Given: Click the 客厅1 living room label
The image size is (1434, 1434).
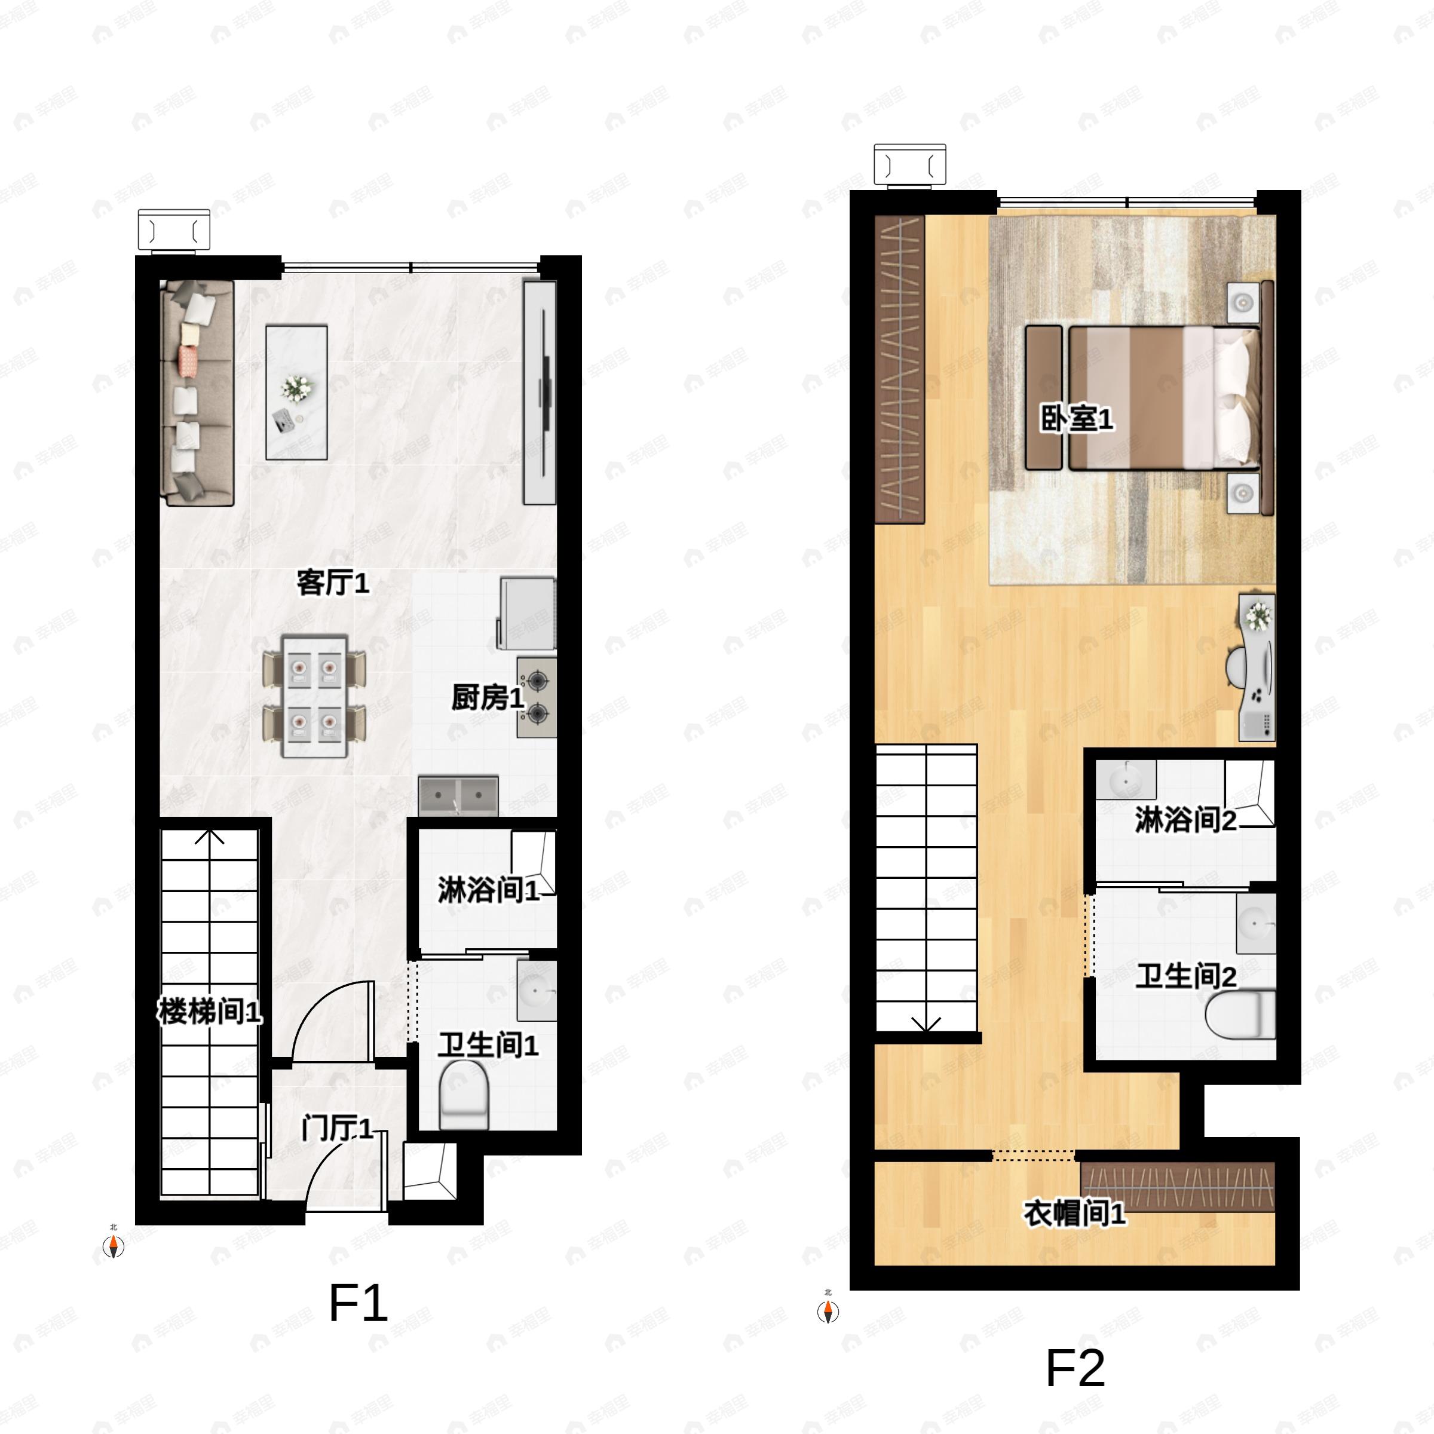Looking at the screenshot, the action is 333,583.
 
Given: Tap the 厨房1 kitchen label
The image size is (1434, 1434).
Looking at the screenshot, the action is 488,698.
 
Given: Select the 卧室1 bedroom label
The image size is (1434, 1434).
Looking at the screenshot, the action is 1076,419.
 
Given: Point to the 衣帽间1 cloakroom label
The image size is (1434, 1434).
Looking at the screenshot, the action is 1075,1214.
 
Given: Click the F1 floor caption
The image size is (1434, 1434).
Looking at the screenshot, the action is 358,1304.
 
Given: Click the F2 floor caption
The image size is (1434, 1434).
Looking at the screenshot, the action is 1075,1369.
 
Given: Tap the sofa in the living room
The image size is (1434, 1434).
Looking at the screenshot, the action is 197,393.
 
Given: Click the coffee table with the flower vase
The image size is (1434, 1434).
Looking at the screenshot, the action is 297,392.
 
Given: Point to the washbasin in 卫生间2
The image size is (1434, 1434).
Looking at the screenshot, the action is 1256,923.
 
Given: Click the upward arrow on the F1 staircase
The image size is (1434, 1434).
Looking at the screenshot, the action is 210,836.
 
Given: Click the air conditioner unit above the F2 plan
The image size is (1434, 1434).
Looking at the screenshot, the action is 910,164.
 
